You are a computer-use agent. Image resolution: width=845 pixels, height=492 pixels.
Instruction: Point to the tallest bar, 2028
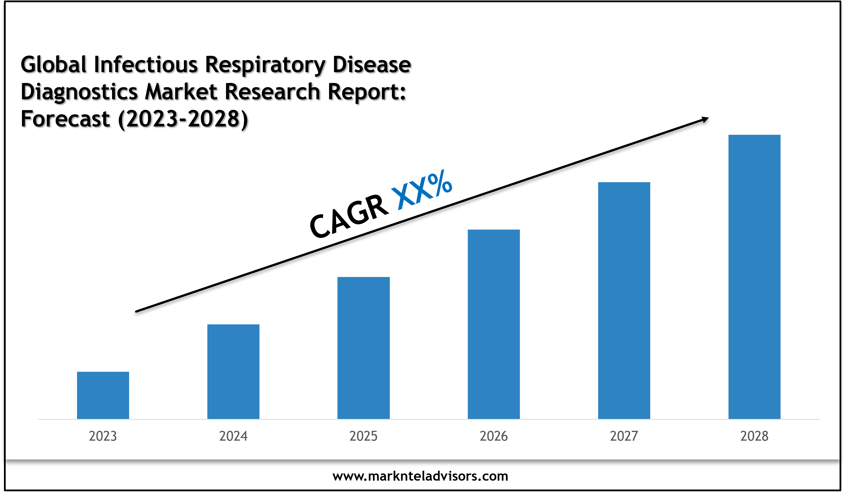pyautogui.click(x=754, y=277)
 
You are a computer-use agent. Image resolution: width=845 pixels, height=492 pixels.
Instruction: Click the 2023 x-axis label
pyautogui.click(x=103, y=436)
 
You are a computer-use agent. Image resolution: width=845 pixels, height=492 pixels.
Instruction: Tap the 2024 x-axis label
pyautogui.click(x=233, y=436)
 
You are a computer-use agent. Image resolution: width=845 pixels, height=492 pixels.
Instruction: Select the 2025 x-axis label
pyautogui.click(x=363, y=436)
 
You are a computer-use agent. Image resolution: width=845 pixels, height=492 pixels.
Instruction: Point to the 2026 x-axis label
pyautogui.click(x=493, y=436)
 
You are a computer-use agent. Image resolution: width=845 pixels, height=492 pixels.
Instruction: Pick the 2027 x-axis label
pyautogui.click(x=624, y=436)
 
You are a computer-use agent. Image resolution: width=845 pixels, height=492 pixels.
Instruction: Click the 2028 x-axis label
pyautogui.click(x=754, y=436)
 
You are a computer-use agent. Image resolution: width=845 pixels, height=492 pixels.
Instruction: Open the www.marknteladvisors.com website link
pyautogui.click(x=420, y=476)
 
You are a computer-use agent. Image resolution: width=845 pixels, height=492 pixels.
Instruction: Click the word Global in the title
pyautogui.click(x=54, y=64)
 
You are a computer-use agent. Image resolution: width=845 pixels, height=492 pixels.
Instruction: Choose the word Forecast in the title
pyautogui.click(x=65, y=119)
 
